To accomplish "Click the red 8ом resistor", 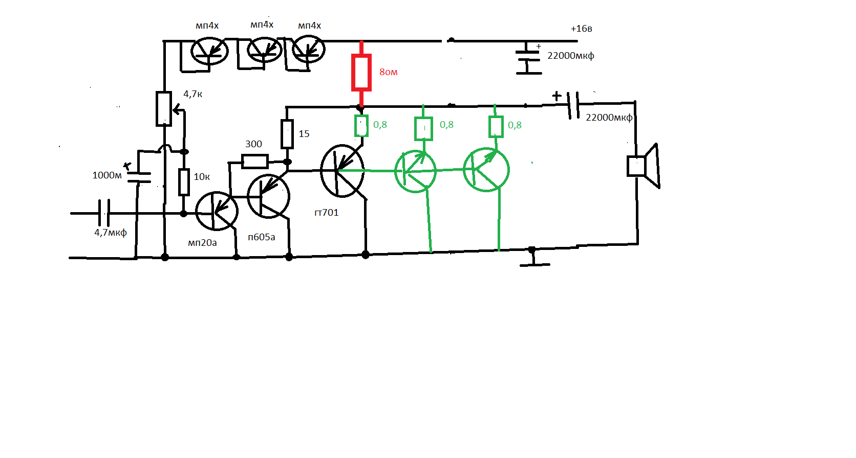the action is tap(361, 73).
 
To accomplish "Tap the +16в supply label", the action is tap(581, 29).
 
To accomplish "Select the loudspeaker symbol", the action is tap(644, 166).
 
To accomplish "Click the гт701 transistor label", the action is tap(326, 213).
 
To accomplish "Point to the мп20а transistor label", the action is tap(202, 243).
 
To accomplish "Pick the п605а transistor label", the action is tap(262, 237).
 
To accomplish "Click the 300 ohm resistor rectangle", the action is tap(255, 162).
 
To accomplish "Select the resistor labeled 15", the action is tap(287, 134).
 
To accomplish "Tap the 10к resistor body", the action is tap(184, 182).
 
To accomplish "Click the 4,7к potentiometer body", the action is tap(164, 109).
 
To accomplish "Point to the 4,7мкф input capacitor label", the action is tap(111, 233).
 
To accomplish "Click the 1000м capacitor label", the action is tap(107, 175).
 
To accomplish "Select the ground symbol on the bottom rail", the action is tap(534, 258).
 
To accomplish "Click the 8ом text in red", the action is tap(388, 72).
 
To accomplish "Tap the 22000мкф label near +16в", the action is tap(570, 56).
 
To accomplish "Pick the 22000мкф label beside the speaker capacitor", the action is tap(609, 118).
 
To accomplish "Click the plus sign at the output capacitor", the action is tap(557, 96).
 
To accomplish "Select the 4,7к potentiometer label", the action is tap(192, 94).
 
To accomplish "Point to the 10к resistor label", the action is tap(202, 177).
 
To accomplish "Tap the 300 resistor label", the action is tap(253, 144).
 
